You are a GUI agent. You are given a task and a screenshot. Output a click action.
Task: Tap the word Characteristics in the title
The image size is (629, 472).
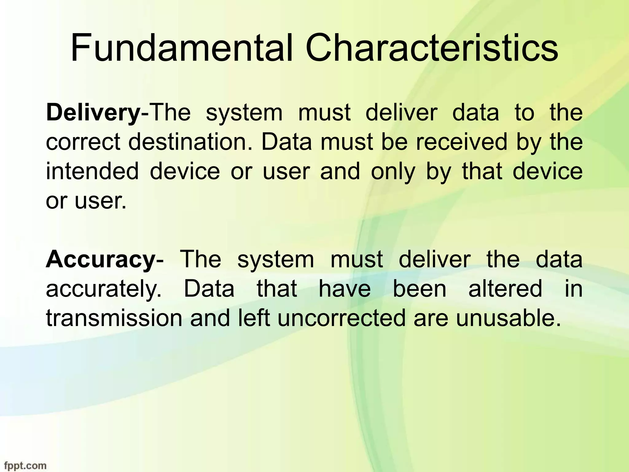click(432, 49)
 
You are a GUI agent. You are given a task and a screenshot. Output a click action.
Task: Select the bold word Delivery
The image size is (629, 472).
click(93, 113)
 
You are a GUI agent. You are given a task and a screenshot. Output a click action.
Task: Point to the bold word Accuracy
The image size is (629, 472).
click(101, 259)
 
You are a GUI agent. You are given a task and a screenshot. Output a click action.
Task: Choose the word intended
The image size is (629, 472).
click(92, 171)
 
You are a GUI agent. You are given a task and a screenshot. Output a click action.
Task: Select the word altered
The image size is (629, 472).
click(505, 289)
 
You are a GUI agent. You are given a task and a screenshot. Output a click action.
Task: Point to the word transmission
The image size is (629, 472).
click(114, 318)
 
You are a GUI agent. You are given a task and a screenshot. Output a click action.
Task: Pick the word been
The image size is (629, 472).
click(420, 289)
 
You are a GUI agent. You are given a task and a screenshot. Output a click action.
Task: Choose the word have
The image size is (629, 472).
click(345, 289)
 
